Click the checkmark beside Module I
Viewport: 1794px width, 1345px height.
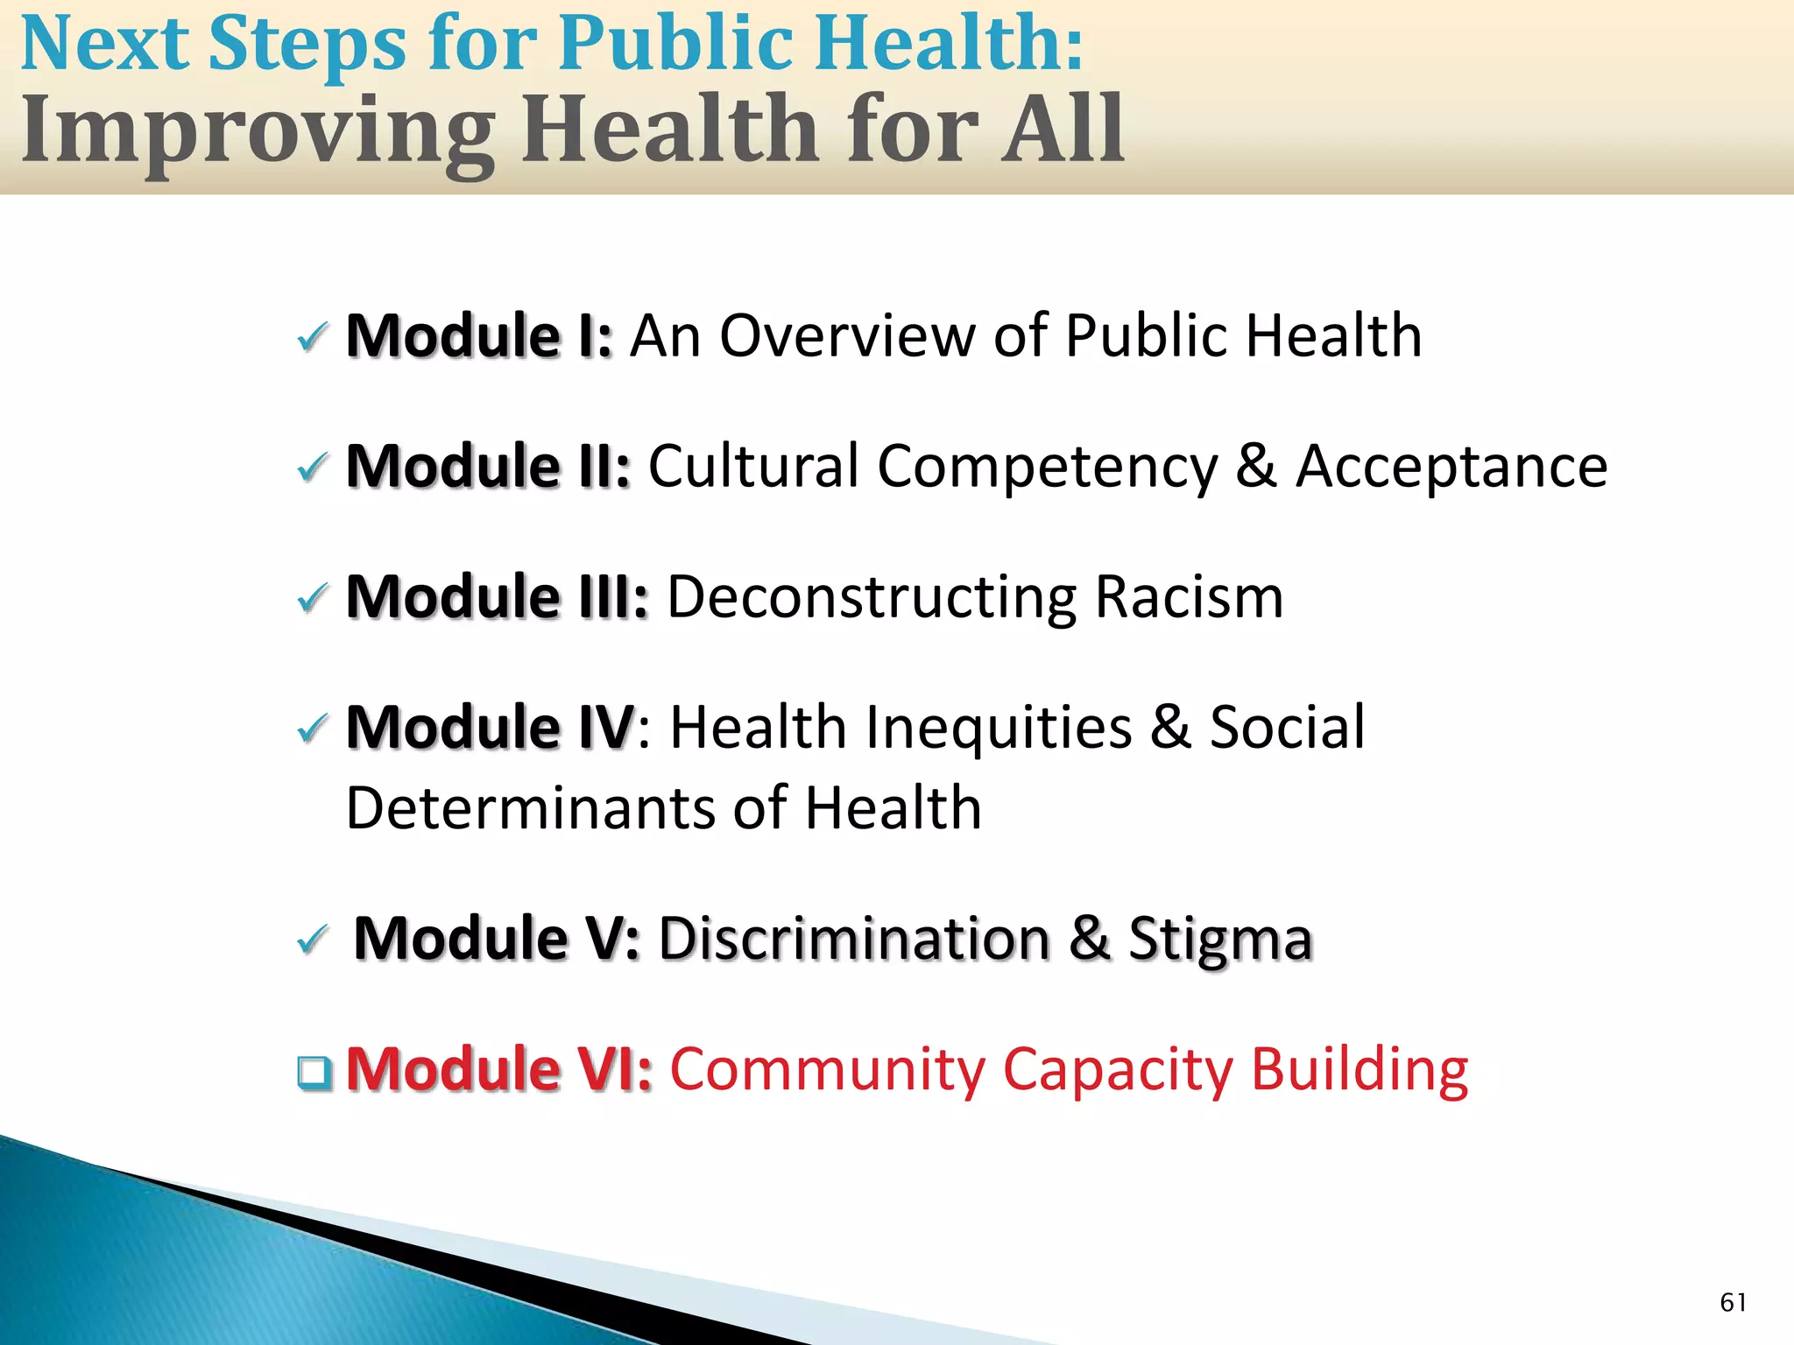click(313, 337)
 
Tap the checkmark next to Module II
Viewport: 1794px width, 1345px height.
click(313, 468)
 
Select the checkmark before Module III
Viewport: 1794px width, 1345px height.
click(313, 599)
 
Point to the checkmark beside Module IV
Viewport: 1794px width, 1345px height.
click(313, 729)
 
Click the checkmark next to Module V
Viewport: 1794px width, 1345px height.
click(313, 940)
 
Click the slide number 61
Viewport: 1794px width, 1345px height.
click(1733, 1302)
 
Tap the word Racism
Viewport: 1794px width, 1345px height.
click(1190, 598)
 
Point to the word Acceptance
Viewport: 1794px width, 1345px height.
click(1451, 467)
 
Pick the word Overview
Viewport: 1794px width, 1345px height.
click(846, 336)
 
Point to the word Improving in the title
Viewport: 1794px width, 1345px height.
click(258, 131)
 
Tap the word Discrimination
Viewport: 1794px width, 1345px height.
click(854, 940)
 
